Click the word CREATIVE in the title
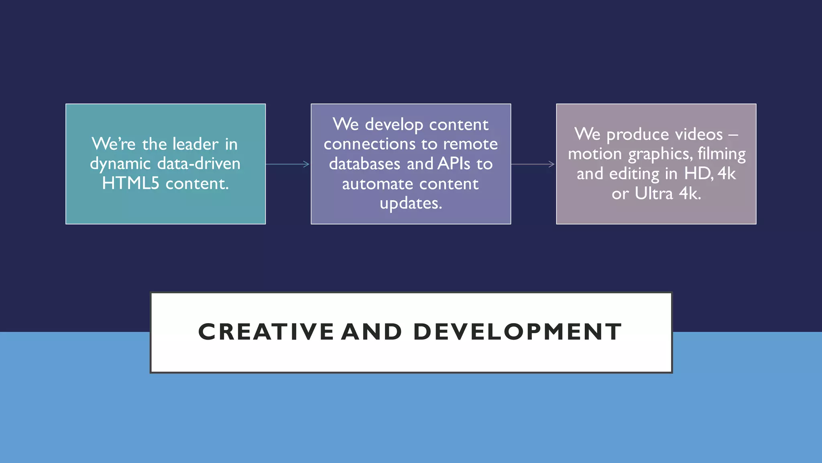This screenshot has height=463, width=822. point(266,332)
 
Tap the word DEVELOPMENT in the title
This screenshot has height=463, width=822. point(517,332)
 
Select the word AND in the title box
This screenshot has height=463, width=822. point(371,332)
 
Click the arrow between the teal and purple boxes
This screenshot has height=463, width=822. point(287,164)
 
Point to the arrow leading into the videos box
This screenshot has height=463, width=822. point(533,164)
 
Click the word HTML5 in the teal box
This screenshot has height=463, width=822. point(130,184)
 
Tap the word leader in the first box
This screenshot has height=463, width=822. point(195,144)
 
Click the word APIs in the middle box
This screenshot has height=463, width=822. point(454,164)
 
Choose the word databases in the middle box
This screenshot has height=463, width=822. point(364,164)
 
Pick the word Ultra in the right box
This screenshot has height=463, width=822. point(653,194)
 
